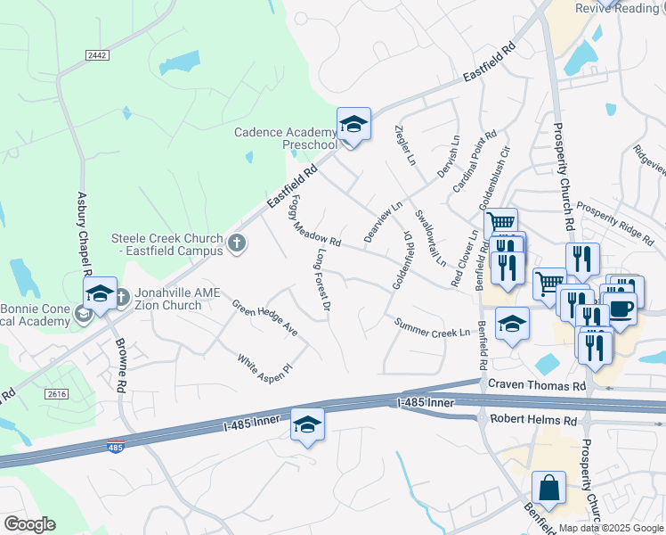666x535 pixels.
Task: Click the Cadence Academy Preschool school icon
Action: [353, 124]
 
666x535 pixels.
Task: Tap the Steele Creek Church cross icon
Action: [236, 243]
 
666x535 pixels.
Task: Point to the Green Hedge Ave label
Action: [264, 318]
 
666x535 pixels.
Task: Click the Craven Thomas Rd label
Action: [537, 384]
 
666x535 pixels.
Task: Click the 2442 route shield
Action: [97, 55]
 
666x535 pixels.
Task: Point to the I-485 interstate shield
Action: [115, 446]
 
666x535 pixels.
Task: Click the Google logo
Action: [29, 524]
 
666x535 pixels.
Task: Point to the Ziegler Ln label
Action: [405, 145]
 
